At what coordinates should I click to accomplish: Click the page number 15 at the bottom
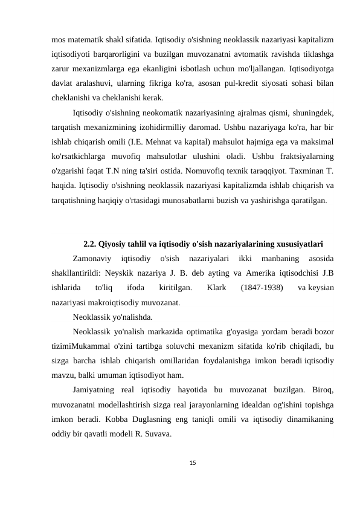click(180, 461)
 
